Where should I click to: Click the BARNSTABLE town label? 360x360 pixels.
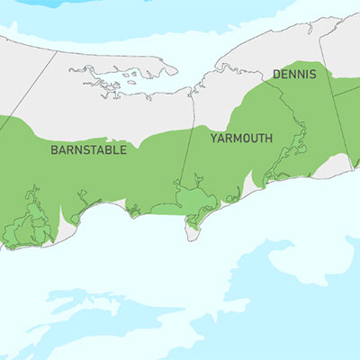tap(88, 149)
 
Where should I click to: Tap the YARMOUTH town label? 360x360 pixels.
tap(241, 139)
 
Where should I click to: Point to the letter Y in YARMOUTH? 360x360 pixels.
tap(214, 139)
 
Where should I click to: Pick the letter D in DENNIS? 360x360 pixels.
tap(274, 73)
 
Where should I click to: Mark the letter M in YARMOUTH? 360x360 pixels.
tap(233, 139)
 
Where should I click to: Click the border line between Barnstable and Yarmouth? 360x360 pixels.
tap(186, 153)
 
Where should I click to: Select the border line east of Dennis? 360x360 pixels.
tap(343, 117)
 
